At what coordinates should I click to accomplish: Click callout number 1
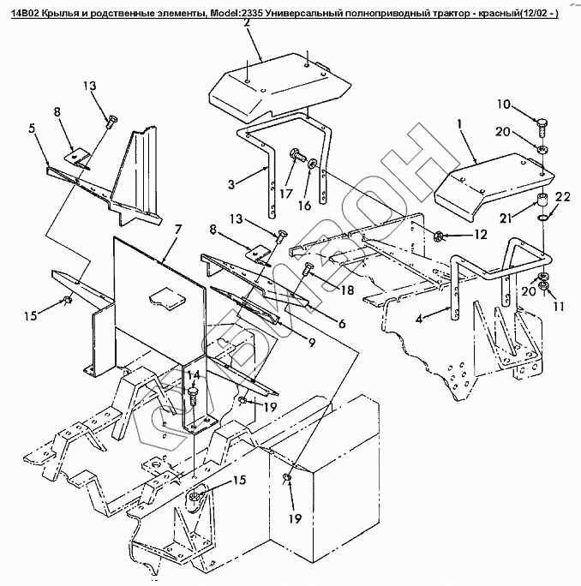460,124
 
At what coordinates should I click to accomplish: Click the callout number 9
312,343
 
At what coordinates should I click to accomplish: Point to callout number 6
341,324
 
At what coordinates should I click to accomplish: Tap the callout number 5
31,130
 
